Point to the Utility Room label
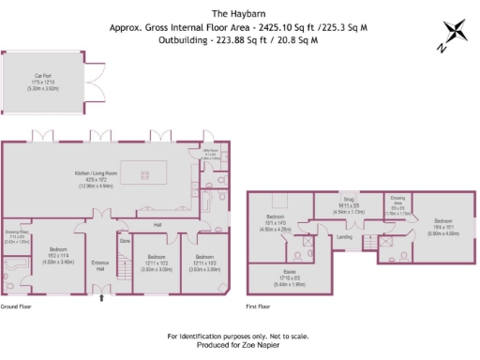pyautogui.click(x=211, y=152)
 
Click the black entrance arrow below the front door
pyautogui.click(x=101, y=298)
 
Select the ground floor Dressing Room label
pyautogui.click(x=15, y=235)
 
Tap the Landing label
pyautogui.click(x=344, y=236)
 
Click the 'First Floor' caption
pyautogui.click(x=258, y=307)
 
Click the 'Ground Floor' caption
pyautogui.click(x=16, y=307)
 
